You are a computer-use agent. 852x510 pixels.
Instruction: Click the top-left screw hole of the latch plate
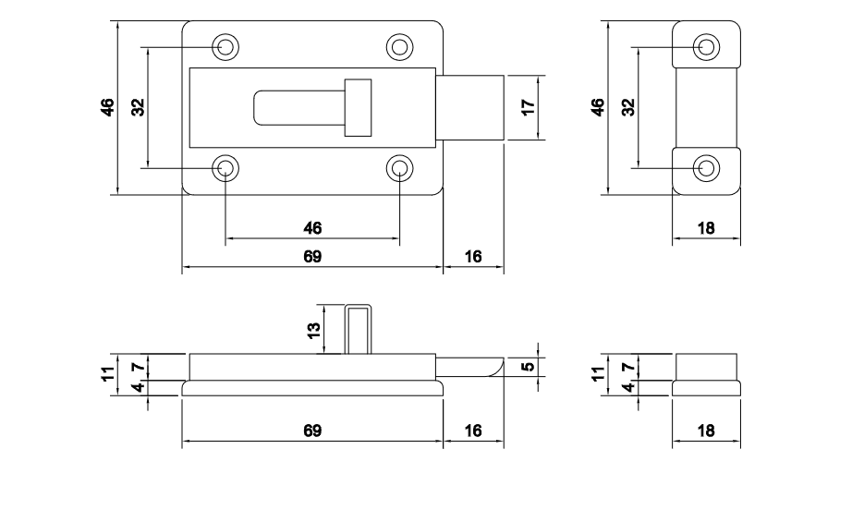(x=225, y=46)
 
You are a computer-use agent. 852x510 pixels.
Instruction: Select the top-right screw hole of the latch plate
(x=399, y=46)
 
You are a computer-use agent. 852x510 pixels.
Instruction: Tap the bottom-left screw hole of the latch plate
(x=225, y=168)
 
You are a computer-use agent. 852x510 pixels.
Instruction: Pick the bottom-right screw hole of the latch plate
(x=399, y=168)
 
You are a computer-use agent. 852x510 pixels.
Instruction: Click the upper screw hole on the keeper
(x=706, y=46)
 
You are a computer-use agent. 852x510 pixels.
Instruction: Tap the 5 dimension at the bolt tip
(x=528, y=367)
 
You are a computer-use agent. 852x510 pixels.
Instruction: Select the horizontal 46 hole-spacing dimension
(x=312, y=228)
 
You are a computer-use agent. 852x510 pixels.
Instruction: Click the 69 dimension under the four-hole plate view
(x=312, y=258)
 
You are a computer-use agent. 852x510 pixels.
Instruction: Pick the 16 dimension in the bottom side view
(x=473, y=431)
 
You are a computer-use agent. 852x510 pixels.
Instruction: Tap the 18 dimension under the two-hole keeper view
(x=706, y=228)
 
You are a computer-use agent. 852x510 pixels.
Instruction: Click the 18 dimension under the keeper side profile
(x=706, y=431)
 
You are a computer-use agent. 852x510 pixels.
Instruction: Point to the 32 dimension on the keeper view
(x=628, y=107)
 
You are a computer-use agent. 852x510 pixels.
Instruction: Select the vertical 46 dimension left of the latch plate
(x=108, y=107)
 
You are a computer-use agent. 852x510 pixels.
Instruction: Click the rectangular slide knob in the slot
(x=357, y=107)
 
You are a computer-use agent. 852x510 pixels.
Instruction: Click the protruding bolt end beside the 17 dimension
(x=471, y=107)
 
